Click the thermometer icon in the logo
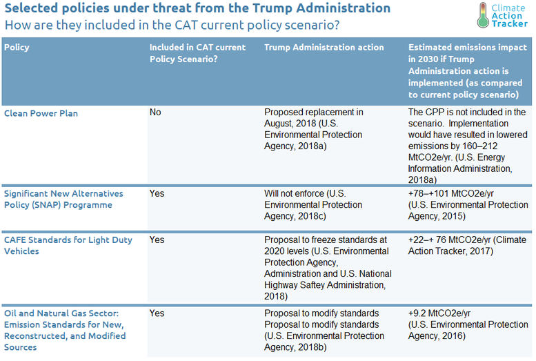(483, 15)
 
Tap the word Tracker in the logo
(510, 23)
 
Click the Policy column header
(17, 47)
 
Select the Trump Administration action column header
(324, 47)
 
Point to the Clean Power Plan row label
(41, 113)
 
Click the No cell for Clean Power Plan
(155, 113)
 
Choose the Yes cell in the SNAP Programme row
(157, 194)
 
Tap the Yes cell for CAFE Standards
(157, 240)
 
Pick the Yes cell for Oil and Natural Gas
(157, 313)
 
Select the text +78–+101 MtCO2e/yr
(451, 194)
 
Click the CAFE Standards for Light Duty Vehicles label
(68, 245)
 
